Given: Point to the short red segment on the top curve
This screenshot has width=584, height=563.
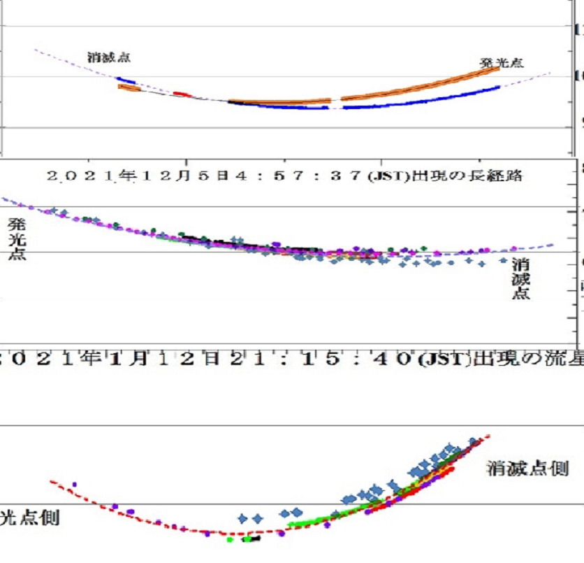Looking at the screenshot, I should pyautogui.click(x=182, y=93).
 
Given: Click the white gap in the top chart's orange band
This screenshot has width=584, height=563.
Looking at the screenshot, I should pyautogui.click(x=336, y=102).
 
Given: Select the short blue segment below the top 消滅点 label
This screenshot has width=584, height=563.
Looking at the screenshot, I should pyautogui.click(x=126, y=80).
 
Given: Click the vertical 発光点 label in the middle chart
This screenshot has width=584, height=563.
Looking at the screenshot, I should pyautogui.click(x=17, y=238).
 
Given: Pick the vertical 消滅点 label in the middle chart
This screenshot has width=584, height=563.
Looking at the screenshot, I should pyautogui.click(x=520, y=278).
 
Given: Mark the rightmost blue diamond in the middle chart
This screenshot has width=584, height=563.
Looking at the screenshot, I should pyautogui.click(x=504, y=260).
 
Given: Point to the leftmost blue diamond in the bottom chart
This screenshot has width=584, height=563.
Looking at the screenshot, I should pyautogui.click(x=243, y=519).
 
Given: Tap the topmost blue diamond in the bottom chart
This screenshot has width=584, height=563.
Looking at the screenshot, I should pyautogui.click(x=474, y=441).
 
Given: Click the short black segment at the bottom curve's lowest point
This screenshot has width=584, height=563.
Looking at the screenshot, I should pyautogui.click(x=255, y=538).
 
